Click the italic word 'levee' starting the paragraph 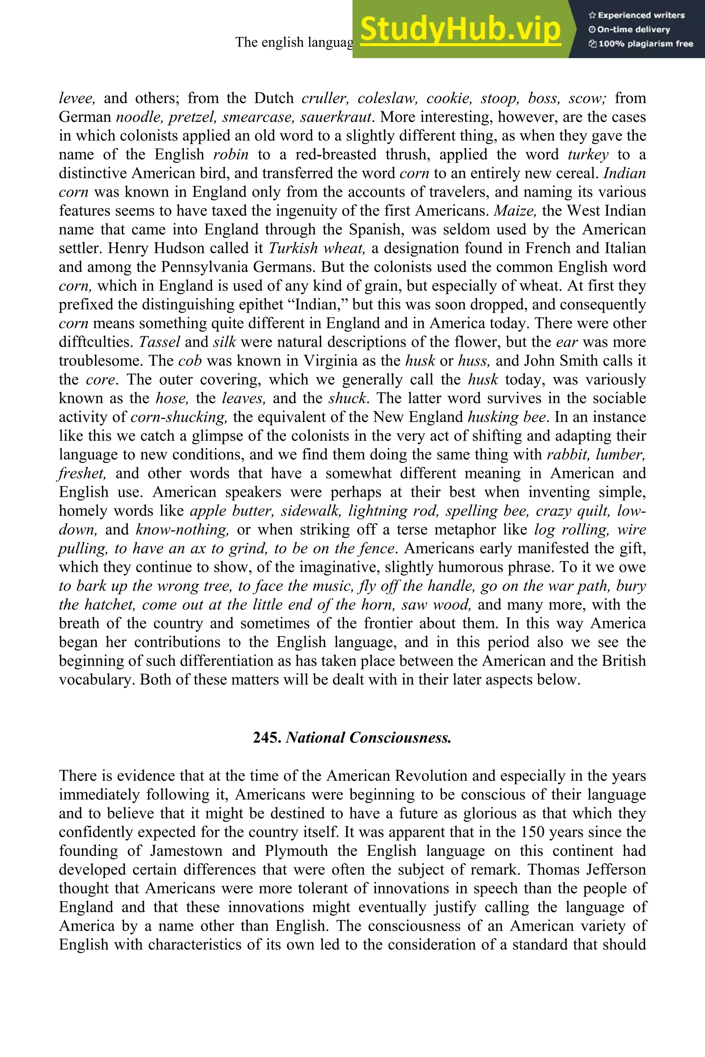[77, 98]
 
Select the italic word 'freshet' [82, 473]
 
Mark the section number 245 [267, 737]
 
